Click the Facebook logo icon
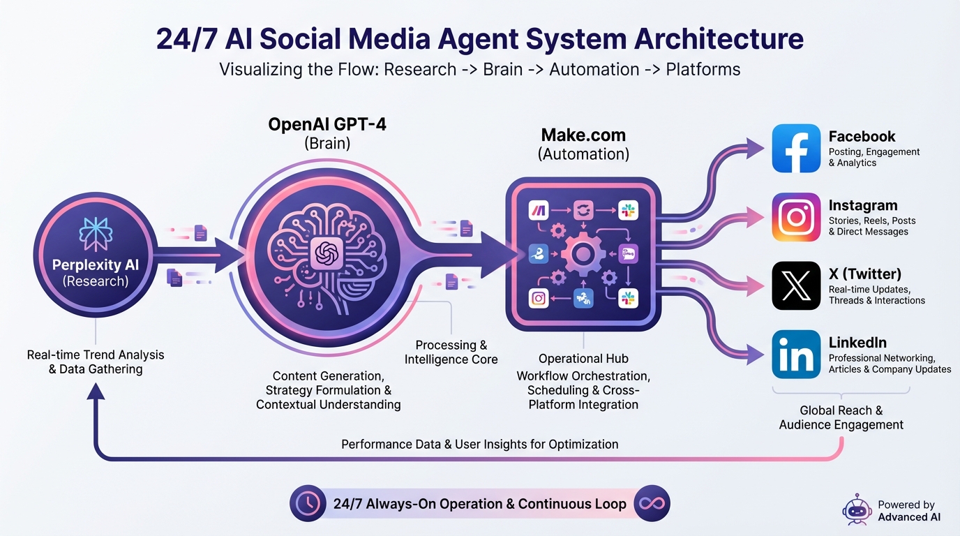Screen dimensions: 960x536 pos(796,149)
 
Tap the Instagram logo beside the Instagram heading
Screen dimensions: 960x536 pos(796,217)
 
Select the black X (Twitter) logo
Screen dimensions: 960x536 pos(796,285)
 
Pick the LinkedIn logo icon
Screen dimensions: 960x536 pos(796,354)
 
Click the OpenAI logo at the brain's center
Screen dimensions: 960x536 pos(327,254)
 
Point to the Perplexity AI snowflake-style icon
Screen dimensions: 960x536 pos(96,234)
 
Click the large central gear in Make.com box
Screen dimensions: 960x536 pos(583,254)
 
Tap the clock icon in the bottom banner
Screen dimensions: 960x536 pos(308,503)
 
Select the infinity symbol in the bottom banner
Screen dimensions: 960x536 pos(652,503)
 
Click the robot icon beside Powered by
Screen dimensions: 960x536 pos(857,510)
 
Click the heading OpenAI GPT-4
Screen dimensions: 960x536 pos(327,124)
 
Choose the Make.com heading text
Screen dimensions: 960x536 pos(583,135)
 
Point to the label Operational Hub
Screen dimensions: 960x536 pos(583,359)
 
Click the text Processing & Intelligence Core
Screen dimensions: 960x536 pos(451,352)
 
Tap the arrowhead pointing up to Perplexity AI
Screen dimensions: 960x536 pos(96,391)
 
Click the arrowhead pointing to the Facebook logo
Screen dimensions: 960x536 pos(755,149)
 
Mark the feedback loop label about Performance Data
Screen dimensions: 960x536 pos(479,445)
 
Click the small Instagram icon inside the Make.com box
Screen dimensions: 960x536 pos(539,298)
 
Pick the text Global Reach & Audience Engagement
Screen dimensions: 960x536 pos(841,417)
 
